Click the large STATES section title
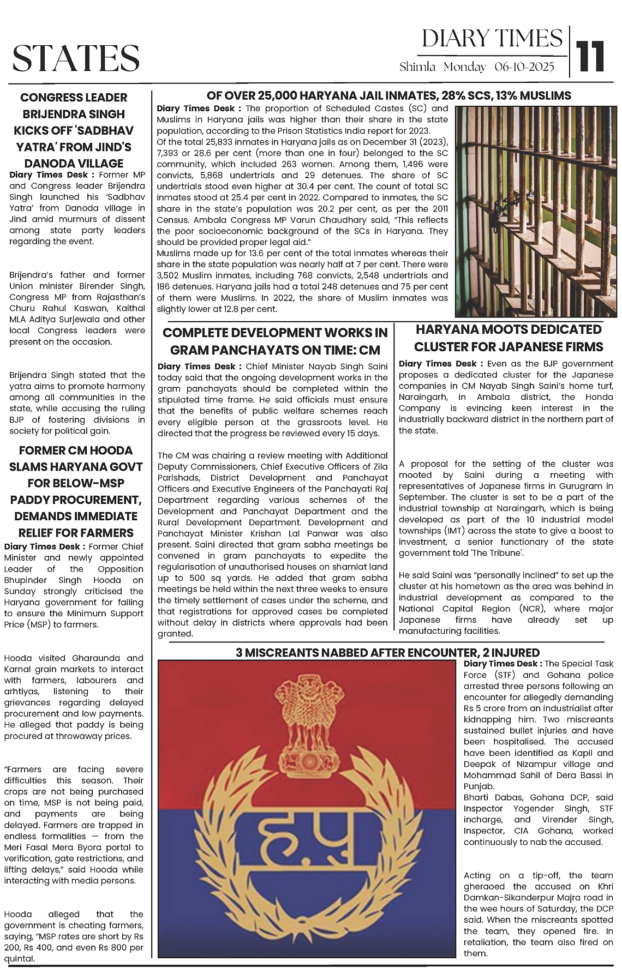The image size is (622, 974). point(76,58)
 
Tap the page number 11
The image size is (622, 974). point(590,56)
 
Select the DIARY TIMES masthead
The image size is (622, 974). point(492,39)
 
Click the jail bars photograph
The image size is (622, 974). point(536,211)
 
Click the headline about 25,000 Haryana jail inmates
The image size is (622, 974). point(388,96)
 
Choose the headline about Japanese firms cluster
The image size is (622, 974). point(509,338)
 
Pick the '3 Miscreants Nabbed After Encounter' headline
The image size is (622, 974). point(387,653)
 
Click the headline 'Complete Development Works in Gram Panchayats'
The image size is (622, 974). point(275,341)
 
